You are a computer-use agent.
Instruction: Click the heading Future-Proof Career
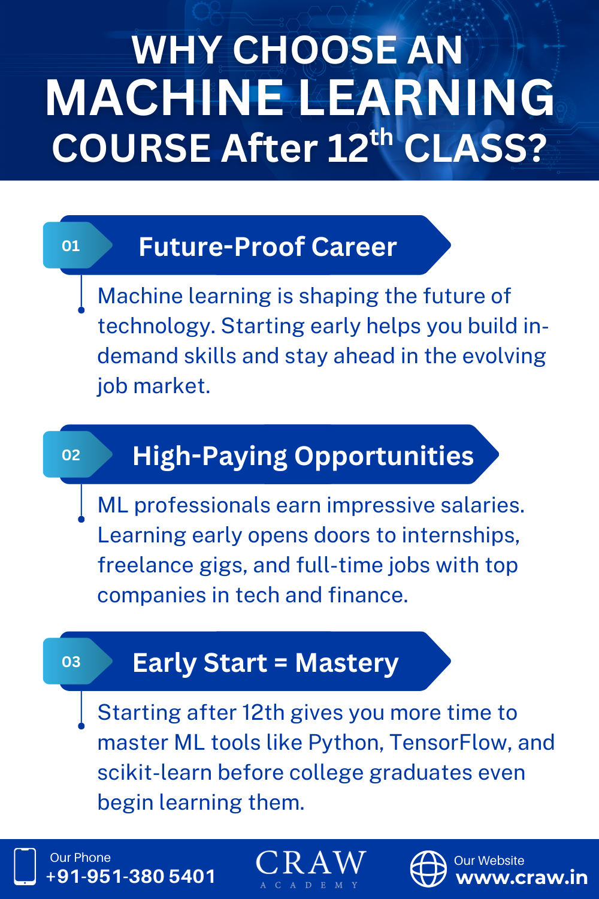pyautogui.click(x=268, y=246)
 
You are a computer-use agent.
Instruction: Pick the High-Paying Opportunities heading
pyautogui.click(x=303, y=457)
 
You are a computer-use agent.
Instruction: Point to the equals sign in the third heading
pyautogui.click(x=281, y=663)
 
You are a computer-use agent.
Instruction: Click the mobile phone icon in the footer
pyautogui.click(x=25, y=867)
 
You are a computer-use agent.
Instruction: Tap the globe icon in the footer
pyautogui.click(x=428, y=869)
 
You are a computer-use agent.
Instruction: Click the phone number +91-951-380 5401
pyautogui.click(x=131, y=877)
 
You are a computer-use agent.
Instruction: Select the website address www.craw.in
pyautogui.click(x=522, y=878)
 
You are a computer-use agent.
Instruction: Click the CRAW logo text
pyautogui.click(x=311, y=862)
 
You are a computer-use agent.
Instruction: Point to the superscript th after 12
pyautogui.click(x=381, y=138)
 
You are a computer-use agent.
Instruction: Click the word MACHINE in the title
pyautogui.click(x=164, y=98)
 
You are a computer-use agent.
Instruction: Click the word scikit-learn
pyautogui.click(x=155, y=772)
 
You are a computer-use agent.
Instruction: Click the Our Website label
pyautogui.click(x=489, y=861)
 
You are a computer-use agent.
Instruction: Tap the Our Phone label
pyautogui.click(x=80, y=858)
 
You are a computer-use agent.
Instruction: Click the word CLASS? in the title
pyautogui.click(x=476, y=148)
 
